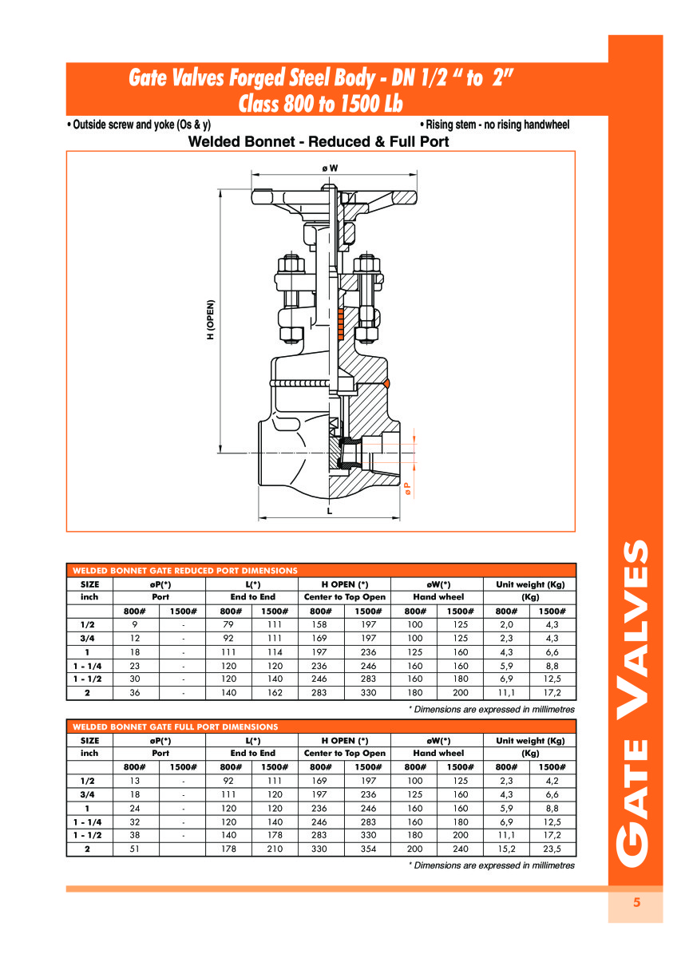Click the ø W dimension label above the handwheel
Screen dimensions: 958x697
pyautogui.click(x=329, y=168)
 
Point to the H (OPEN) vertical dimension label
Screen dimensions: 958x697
pyautogui.click(x=212, y=319)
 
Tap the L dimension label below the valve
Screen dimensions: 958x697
pyautogui.click(x=329, y=511)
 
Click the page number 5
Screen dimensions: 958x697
pyautogui.click(x=636, y=903)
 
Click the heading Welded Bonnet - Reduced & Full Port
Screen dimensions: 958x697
pyautogui.click(x=318, y=142)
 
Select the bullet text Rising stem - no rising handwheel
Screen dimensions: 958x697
pyautogui.click(x=494, y=125)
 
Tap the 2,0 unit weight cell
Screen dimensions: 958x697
pyautogui.click(x=507, y=624)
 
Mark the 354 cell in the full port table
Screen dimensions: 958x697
pyautogui.click(x=368, y=849)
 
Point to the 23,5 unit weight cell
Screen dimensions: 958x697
pyautogui.click(x=552, y=849)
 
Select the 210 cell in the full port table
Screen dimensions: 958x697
pyautogui.click(x=275, y=849)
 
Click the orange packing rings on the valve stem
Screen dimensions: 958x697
pyautogui.click(x=340, y=322)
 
